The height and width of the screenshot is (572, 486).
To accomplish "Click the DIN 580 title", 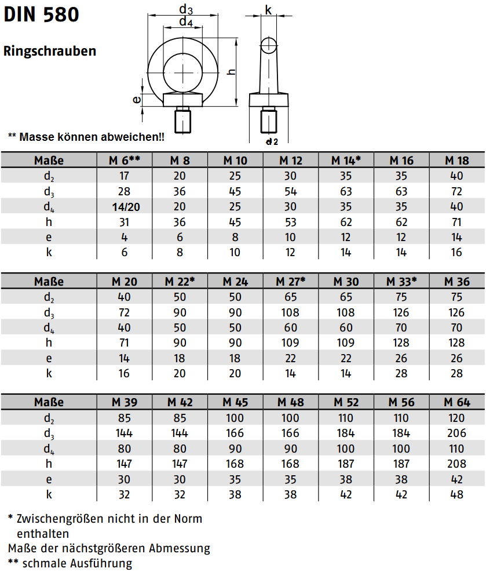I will click(x=41, y=15).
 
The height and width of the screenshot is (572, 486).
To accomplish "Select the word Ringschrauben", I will click(x=50, y=52).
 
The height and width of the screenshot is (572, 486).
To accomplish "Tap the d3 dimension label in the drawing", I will click(x=185, y=9).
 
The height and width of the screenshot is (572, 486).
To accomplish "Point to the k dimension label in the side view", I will click(x=268, y=9).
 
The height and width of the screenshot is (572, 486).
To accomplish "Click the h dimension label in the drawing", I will click(x=231, y=71).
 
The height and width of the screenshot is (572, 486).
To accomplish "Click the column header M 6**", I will click(x=125, y=161).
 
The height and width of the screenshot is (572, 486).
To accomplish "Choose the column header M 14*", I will click(x=346, y=161).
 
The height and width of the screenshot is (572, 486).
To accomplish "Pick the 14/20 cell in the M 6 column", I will click(x=125, y=206).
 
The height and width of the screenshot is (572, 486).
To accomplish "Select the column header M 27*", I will click(x=290, y=282).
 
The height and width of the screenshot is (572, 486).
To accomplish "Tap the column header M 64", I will click(x=456, y=402).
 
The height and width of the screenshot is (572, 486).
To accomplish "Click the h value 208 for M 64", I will click(x=456, y=464).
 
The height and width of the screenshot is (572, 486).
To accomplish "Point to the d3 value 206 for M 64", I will click(x=456, y=433).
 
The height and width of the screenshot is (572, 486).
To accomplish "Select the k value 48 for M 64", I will click(x=456, y=494).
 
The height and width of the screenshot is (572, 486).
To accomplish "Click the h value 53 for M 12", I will click(x=290, y=222).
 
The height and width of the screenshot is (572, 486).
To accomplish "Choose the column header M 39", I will click(x=125, y=402).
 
